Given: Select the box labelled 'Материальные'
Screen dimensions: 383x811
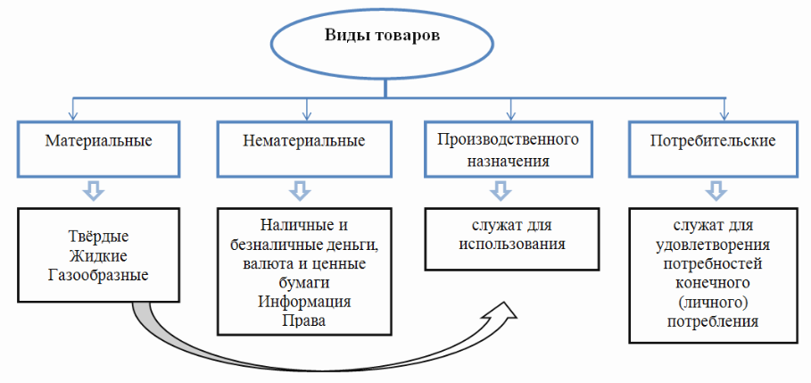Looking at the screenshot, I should click(99, 144).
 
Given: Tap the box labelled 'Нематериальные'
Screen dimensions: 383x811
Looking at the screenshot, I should click(303, 144).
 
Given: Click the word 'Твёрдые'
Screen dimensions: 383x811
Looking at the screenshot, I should click(99, 237).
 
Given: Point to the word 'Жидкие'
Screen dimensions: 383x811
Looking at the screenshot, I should click(99, 255).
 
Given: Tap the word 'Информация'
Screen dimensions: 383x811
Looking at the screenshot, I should click(304, 301).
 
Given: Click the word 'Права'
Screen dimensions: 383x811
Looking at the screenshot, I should click(304, 320).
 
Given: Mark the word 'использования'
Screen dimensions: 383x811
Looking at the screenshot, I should click(509, 243).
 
